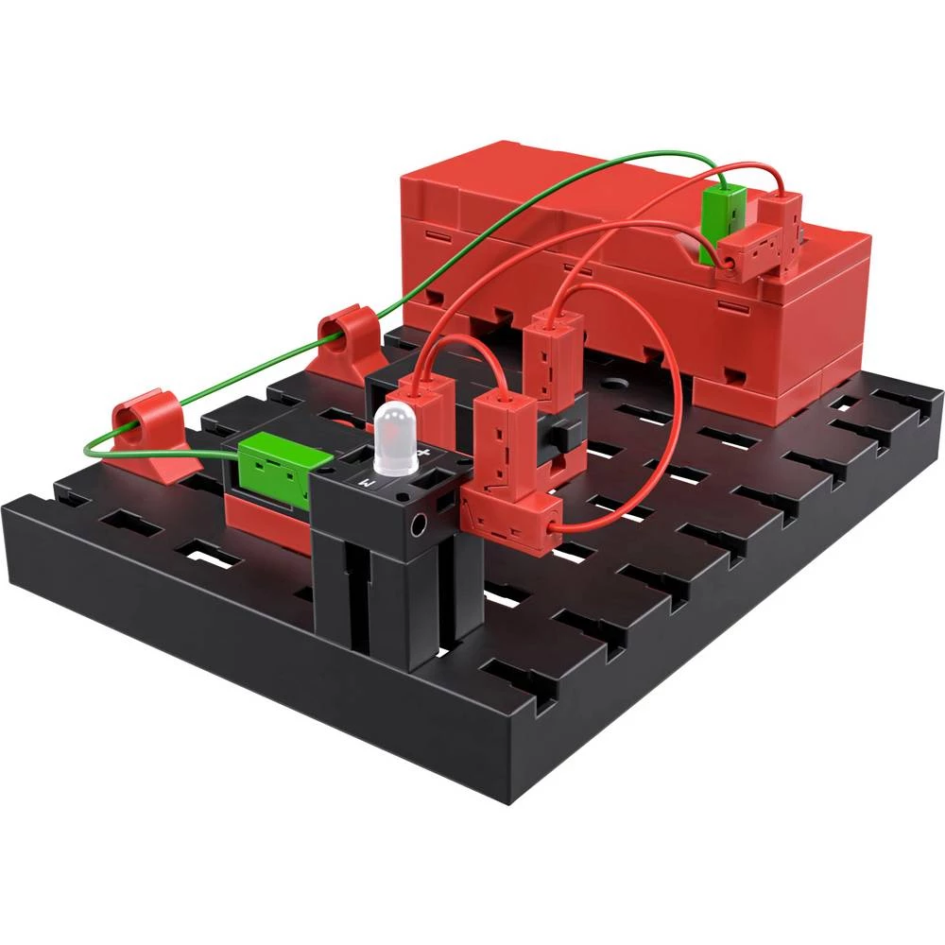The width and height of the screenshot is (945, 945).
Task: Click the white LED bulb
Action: click(x=394, y=439)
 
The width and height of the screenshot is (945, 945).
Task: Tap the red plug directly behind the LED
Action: click(x=421, y=401)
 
